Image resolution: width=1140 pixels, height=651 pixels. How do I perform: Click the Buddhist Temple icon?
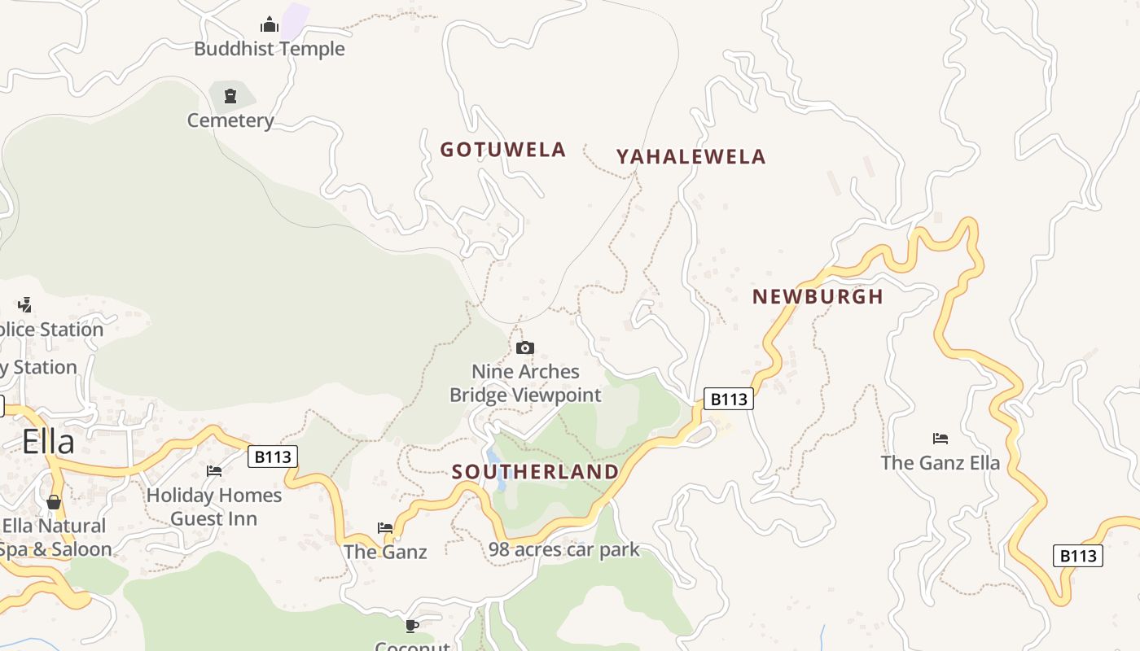click(269, 25)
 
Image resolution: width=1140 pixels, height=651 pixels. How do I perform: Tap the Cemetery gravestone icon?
click(230, 96)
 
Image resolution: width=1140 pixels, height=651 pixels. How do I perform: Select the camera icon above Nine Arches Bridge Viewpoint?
click(525, 348)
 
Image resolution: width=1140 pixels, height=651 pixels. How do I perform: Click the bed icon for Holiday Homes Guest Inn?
click(214, 471)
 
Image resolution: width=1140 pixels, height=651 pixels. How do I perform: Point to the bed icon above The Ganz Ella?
click(940, 439)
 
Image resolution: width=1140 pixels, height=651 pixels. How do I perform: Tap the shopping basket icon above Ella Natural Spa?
click(54, 502)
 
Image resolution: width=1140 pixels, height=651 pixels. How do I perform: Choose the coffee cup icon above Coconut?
click(412, 626)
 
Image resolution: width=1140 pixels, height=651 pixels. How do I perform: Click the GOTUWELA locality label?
click(502, 150)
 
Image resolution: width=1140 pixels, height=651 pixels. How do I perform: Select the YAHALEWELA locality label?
click(691, 157)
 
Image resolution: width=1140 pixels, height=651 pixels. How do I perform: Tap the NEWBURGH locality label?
click(818, 297)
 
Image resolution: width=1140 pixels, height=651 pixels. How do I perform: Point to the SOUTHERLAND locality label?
click(535, 472)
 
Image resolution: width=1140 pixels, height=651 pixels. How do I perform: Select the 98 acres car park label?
click(563, 550)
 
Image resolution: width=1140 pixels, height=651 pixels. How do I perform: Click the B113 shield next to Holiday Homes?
click(272, 457)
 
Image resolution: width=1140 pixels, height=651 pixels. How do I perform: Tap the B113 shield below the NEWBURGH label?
click(728, 399)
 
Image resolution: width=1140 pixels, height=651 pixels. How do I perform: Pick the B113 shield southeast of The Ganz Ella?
click(1077, 556)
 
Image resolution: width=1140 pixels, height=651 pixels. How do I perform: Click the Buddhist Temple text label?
click(270, 49)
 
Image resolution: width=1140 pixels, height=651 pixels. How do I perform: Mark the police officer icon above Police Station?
click(24, 305)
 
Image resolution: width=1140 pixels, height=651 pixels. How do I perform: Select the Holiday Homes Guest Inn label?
click(214, 507)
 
